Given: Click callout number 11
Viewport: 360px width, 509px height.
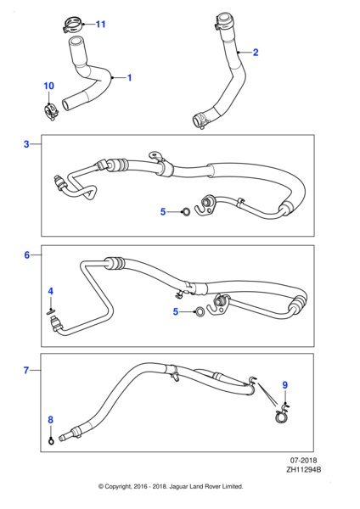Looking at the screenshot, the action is coord(101,24).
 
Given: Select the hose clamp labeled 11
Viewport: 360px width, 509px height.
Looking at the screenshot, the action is coord(72,25).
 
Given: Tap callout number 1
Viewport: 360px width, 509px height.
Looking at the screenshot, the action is coord(129,78).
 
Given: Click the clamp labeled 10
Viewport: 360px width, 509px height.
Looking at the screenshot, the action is coord(51,112).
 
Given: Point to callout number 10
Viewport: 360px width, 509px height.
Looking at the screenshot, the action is coord(48,86).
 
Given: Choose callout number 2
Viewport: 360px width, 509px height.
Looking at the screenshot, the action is coord(256,53).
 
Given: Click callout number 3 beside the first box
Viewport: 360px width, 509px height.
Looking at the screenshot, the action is coord(26,144).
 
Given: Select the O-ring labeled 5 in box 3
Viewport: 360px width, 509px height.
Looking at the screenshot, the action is coord(186,212).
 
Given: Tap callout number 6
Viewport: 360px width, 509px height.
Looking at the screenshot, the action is coord(27,255).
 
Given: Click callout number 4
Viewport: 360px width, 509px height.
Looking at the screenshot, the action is coord(51,291).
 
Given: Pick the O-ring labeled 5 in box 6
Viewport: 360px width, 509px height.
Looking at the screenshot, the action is coord(200,312).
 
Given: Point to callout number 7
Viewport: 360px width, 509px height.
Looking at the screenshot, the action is coord(26,370).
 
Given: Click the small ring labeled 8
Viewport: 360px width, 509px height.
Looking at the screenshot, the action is coord(51,441).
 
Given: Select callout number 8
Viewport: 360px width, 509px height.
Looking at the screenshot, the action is coord(51,420).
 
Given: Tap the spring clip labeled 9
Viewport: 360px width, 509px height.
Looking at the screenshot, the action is coord(282,414).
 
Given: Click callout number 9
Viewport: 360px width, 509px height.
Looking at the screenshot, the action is coord(285,385).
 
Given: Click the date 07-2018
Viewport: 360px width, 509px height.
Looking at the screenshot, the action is coord(303,461).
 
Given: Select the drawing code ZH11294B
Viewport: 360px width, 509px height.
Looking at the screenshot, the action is coord(304,469).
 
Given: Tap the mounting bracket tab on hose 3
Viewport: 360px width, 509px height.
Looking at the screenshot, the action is coord(154,155).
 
